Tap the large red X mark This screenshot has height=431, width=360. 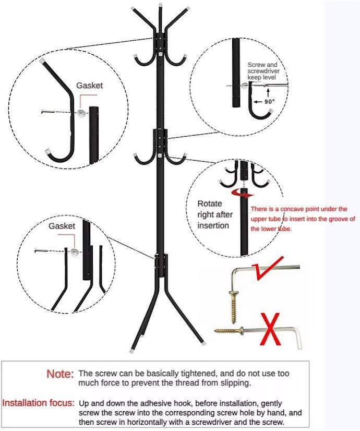coord(270,329)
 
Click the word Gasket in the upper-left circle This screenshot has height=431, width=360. coord(90,86)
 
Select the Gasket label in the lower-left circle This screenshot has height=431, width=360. coord(62,226)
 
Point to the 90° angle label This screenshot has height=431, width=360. coord(270,102)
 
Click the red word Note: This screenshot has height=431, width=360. coord(60,374)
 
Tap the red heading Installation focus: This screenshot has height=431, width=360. coord(39,403)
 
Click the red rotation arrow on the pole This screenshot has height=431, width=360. coord(243,193)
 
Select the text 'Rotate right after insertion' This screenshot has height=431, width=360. coord(215,214)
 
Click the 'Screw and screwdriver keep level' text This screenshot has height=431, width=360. coord(263,71)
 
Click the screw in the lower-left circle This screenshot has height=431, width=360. coord(41,250)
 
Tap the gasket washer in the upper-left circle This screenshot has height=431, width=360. coord(81,113)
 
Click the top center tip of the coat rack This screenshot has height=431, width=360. coord(160,5)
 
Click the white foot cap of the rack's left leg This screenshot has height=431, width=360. coord(131,351)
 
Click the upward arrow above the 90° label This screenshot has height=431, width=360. coord(268,92)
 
